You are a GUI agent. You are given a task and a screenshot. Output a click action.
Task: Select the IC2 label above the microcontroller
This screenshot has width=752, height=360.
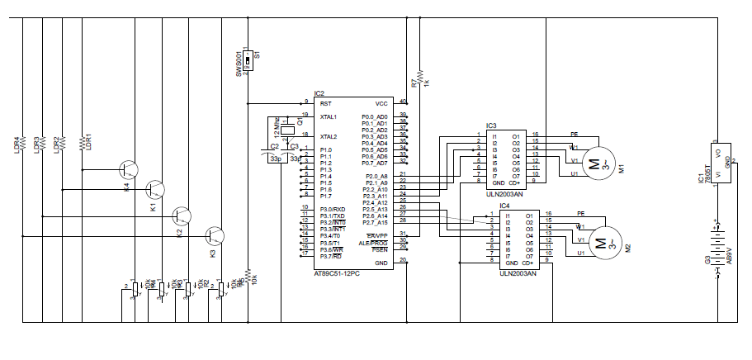tap(319, 93)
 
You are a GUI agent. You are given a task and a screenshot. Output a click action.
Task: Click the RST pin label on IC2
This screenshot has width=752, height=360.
tap(325, 104)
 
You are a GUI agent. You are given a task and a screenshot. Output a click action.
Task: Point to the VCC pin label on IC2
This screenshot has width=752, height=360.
tap(381, 104)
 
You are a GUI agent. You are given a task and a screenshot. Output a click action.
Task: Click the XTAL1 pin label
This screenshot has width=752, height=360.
tap(329, 117)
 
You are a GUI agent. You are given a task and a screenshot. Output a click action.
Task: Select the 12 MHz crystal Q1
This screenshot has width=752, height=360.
tap(286, 129)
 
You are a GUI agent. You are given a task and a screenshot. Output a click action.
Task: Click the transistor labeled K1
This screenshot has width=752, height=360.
tap(155, 191)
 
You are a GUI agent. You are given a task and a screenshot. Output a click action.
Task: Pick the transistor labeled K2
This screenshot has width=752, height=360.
tap(182, 216)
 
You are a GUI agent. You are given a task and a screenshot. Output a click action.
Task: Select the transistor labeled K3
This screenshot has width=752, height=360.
tap(215, 236)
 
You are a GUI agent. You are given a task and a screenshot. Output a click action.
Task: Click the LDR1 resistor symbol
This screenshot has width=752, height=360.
tap(82, 144)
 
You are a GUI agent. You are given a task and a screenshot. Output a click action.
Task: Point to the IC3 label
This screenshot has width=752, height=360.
tap(490, 125)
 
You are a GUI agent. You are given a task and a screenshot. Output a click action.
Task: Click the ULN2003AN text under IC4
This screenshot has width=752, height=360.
tap(518, 272)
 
